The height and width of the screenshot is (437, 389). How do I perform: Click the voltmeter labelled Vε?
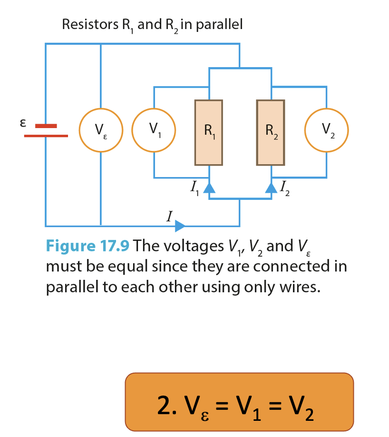101,130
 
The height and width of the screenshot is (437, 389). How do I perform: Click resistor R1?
209,132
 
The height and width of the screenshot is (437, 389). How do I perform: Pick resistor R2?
271,132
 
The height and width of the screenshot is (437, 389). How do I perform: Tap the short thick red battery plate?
46,126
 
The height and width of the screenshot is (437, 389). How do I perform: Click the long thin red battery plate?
46,136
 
